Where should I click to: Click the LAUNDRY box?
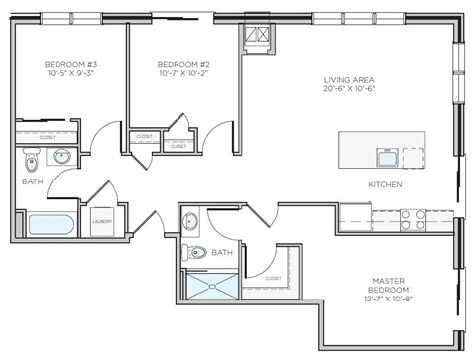[102, 222]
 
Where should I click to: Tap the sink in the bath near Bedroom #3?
[61, 156]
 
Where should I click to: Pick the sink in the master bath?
[191, 219]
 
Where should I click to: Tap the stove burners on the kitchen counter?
[412, 219]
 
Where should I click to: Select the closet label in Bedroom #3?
[48, 138]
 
